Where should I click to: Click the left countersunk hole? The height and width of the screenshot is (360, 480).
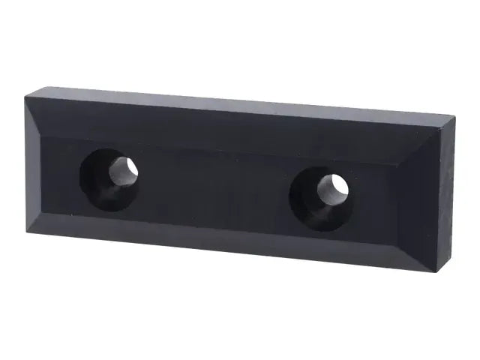(x=109, y=178)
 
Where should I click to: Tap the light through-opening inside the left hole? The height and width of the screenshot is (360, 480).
(x=123, y=170)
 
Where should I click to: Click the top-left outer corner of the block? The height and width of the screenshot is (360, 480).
(x=25, y=94)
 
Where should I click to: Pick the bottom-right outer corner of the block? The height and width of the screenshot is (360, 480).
(x=435, y=271)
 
